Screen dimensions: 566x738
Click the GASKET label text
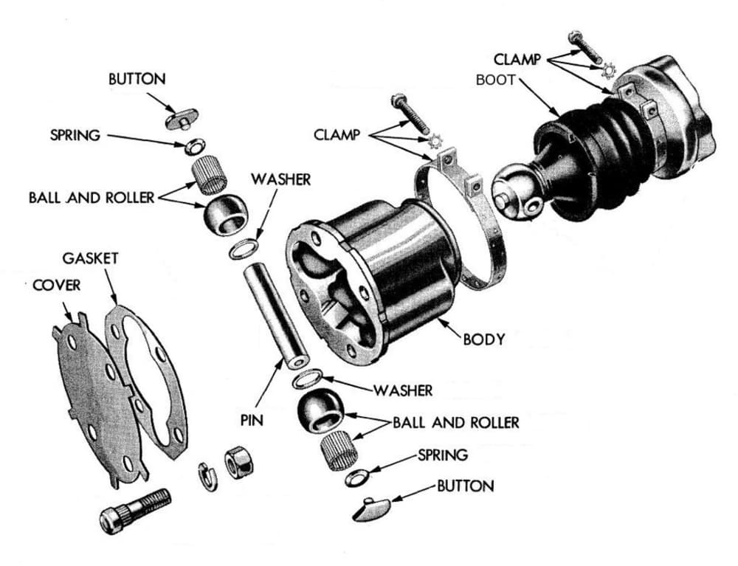coord(90,259)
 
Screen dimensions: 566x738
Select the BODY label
coord(484,339)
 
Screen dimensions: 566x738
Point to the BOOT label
coord(495,80)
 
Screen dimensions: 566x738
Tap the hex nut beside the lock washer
coord(238,463)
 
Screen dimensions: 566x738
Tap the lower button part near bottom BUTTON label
coord(373,508)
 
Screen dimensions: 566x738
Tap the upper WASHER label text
coord(280,179)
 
